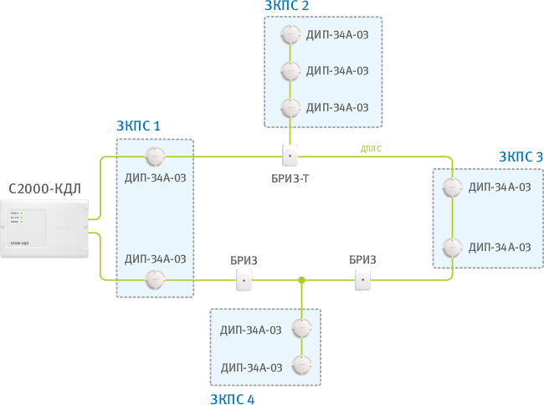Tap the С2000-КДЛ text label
point(44,188)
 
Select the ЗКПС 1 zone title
point(137,126)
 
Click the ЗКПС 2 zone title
point(287,5)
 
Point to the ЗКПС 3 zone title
point(520,156)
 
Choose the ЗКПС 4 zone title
point(232,399)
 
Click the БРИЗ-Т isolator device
point(290,156)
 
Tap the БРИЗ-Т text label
point(290,180)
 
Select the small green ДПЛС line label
point(371,148)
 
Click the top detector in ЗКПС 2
point(290,35)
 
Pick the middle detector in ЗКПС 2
point(290,71)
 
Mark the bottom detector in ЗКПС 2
point(290,107)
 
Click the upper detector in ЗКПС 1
point(154,156)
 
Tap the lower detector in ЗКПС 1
point(154,279)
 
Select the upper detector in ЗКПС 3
point(452,187)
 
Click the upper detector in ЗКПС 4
point(300,329)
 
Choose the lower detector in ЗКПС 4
point(300,367)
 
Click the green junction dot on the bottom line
point(301,280)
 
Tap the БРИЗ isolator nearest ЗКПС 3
point(362,280)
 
